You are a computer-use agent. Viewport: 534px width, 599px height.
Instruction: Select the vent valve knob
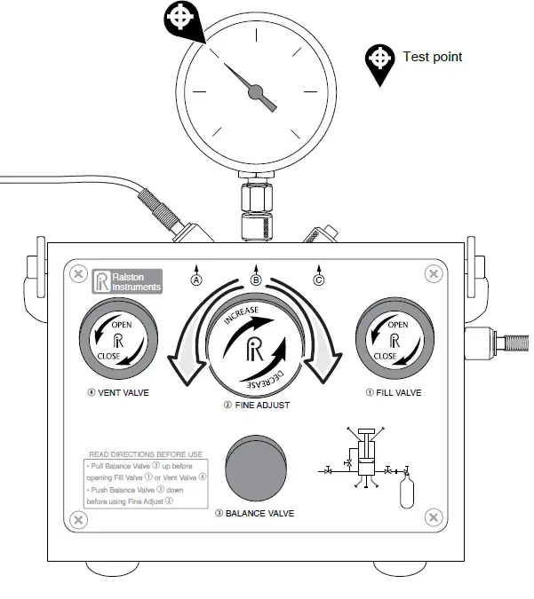pyautogui.click(x=120, y=342)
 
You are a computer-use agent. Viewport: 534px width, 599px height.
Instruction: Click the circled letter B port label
pyautogui.click(x=256, y=280)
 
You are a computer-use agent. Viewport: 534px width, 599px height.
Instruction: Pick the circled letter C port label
pyautogui.click(x=319, y=280)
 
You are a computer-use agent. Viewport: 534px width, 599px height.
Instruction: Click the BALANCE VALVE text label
pyautogui.click(x=259, y=514)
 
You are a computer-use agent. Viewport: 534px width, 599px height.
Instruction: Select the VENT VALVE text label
pyautogui.click(x=119, y=392)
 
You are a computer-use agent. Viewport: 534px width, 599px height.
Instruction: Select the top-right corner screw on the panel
pyautogui.click(x=434, y=274)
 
